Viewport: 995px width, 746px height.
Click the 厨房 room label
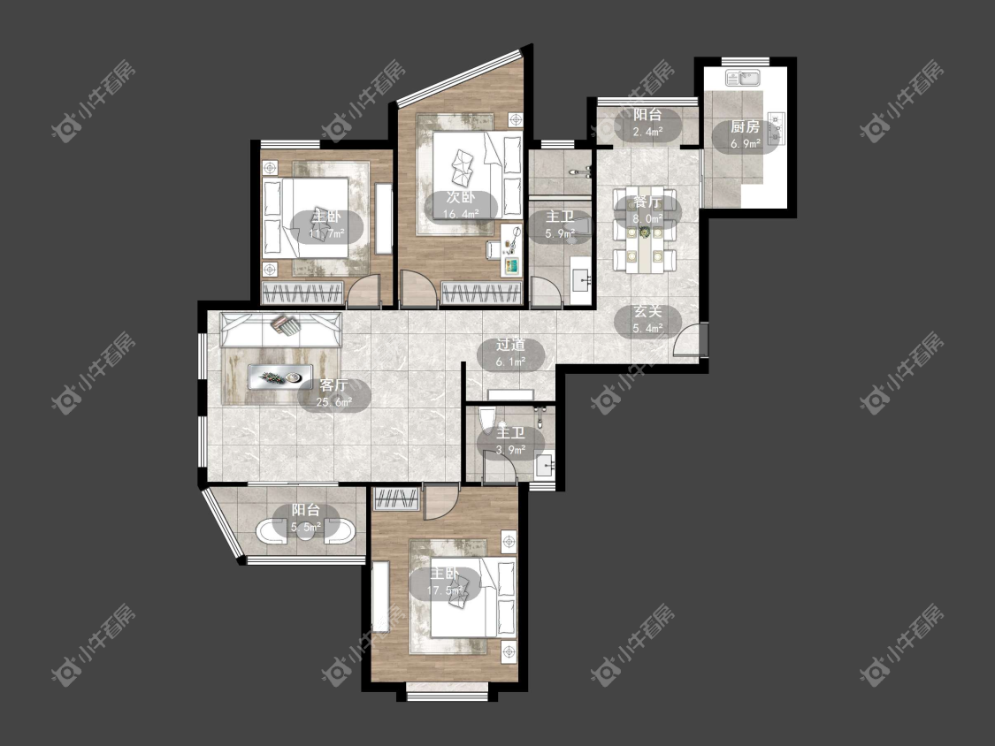click(x=745, y=127)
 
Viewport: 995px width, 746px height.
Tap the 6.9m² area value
click(x=745, y=144)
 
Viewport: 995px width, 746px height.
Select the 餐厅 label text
click(x=647, y=202)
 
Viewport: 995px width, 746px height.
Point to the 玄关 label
click(x=647, y=311)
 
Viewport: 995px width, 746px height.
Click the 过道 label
click(x=511, y=345)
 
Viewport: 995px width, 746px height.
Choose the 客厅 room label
click(x=333, y=385)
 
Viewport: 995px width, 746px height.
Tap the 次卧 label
click(x=461, y=197)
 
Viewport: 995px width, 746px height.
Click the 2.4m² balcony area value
click(x=647, y=132)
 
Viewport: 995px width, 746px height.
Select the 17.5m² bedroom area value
click(x=444, y=590)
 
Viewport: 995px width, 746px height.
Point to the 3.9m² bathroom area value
click(x=511, y=450)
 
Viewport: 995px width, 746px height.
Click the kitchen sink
click(x=744, y=78)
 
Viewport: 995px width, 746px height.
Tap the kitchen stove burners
click(x=776, y=129)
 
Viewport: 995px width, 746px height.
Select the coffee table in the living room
click(x=279, y=377)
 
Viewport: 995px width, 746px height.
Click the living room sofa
click(x=280, y=329)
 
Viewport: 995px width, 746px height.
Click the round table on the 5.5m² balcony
click(x=306, y=531)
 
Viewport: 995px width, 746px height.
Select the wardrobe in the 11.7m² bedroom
click(x=302, y=293)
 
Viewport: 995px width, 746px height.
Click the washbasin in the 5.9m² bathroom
click(x=580, y=279)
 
